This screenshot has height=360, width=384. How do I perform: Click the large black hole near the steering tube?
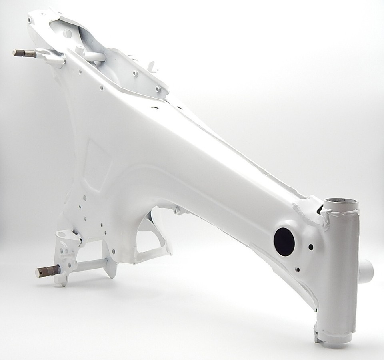tap(284, 240)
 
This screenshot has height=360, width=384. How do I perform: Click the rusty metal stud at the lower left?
tap(43, 272)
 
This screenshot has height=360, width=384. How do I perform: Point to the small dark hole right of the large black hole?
tap(311, 247)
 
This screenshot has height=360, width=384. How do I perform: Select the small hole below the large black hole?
tap(298, 269)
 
